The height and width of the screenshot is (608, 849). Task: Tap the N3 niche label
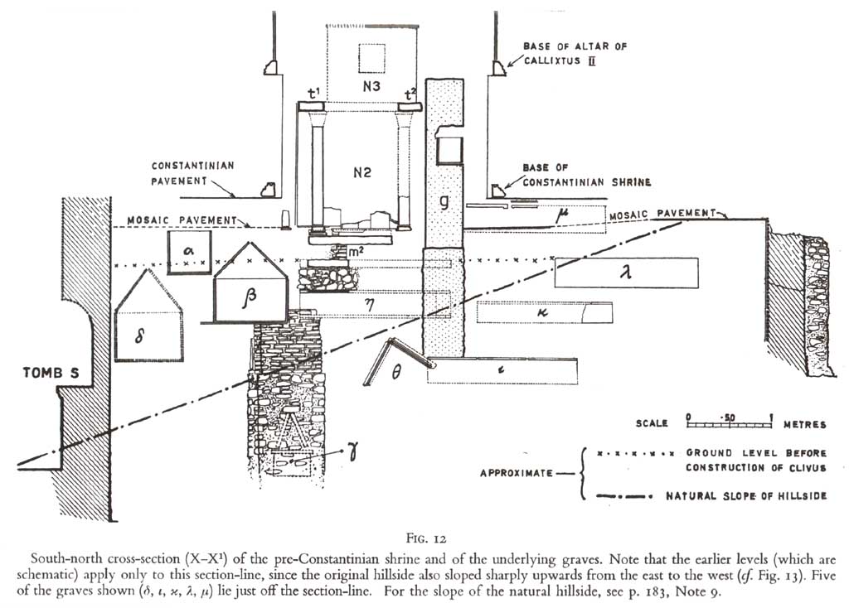pyautogui.click(x=371, y=86)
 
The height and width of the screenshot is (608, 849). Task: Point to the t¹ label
pyautogui.click(x=314, y=93)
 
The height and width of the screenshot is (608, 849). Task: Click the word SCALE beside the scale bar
pyautogui.click(x=653, y=424)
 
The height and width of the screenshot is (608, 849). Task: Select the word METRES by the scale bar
pyautogui.click(x=805, y=424)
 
